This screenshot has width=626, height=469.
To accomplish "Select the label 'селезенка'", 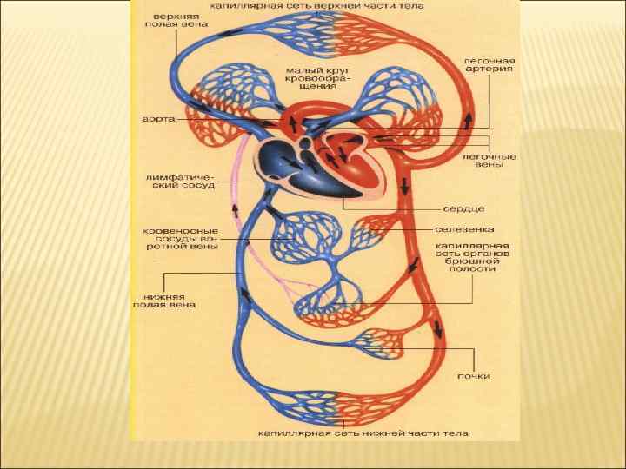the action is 465,229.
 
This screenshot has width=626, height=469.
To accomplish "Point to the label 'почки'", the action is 474,376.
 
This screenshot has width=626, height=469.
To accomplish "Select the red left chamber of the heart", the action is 352,165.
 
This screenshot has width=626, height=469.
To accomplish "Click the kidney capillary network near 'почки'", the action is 383,342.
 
